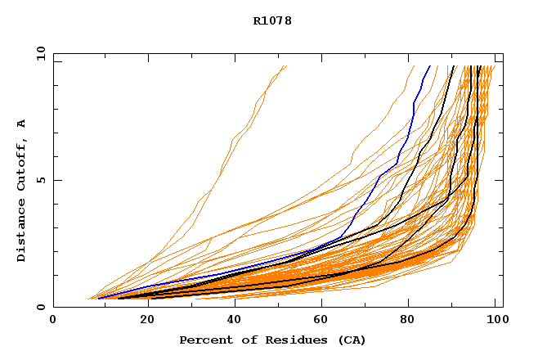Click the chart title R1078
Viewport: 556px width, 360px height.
click(272, 20)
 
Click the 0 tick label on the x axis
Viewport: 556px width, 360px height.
click(53, 321)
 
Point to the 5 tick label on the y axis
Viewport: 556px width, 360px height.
click(40, 180)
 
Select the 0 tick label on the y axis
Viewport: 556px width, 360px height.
click(40, 307)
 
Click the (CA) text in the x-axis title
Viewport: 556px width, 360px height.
click(352, 340)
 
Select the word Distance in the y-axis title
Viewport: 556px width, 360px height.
click(21, 230)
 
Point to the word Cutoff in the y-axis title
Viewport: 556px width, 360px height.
click(21, 164)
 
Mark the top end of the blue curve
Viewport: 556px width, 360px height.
click(429, 66)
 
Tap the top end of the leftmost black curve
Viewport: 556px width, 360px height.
click(454, 66)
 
